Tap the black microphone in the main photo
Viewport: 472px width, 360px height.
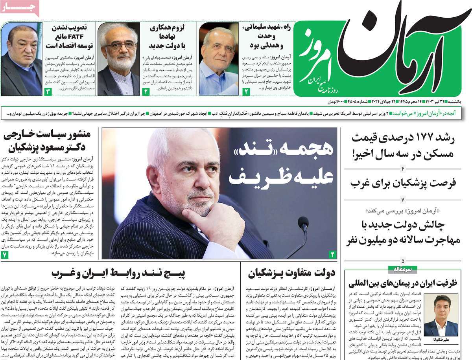(302, 224)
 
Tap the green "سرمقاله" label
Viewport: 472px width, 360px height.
(400, 270)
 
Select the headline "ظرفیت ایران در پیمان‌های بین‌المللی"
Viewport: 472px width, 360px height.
(403, 283)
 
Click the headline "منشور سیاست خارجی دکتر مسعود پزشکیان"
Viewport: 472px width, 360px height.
(47, 141)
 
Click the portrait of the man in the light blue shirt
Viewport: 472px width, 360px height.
(218, 59)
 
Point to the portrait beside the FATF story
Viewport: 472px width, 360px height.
(22, 59)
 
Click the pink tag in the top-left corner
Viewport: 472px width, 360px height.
(20, 8)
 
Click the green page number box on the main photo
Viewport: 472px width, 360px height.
(332, 254)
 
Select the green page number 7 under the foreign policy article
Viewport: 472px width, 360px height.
(5, 254)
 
